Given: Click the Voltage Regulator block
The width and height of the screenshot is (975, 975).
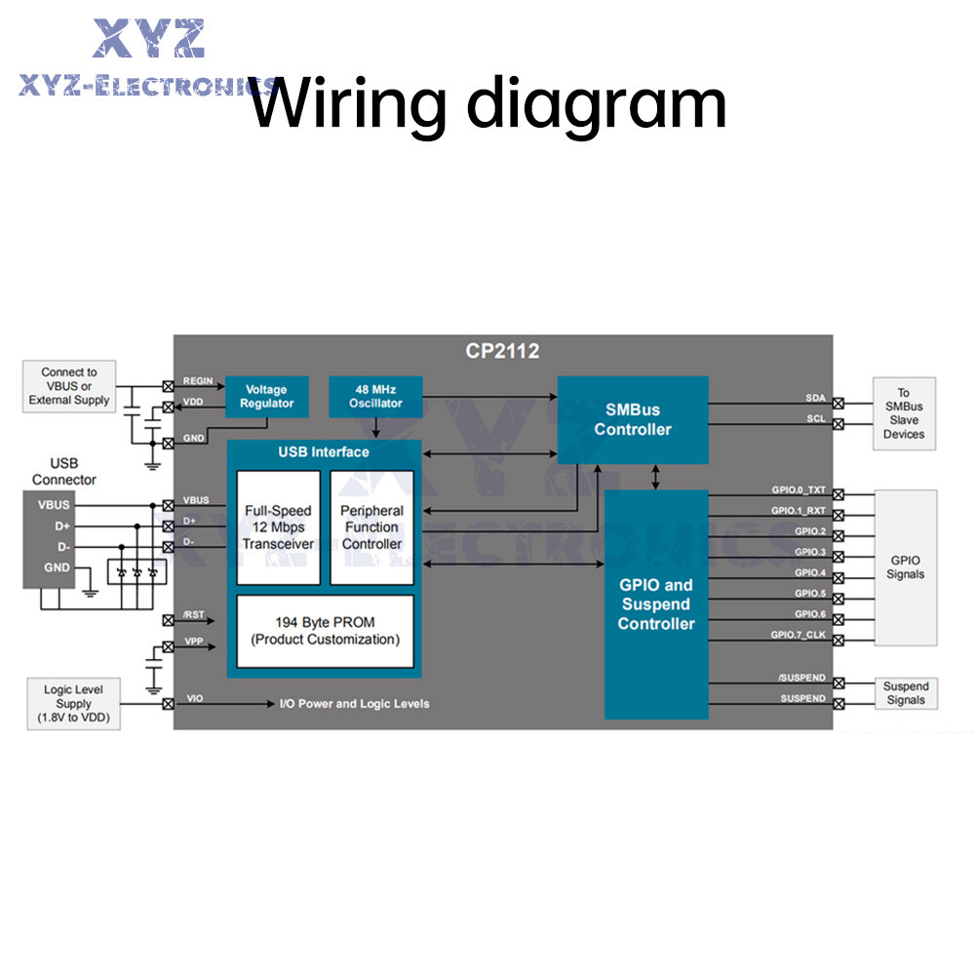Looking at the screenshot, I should [266, 396].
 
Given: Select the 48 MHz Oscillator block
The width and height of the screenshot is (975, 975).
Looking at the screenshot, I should [375, 396].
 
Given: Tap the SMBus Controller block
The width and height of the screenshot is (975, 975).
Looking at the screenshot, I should [633, 419].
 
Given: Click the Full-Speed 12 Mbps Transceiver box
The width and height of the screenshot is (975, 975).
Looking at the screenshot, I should [278, 526].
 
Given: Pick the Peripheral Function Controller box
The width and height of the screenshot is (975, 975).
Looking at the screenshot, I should [371, 526].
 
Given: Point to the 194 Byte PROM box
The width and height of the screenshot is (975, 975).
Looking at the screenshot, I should [325, 631].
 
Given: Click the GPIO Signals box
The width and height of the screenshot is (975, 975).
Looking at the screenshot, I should [906, 566].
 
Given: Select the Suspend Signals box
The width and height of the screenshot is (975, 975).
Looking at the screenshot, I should [906, 693].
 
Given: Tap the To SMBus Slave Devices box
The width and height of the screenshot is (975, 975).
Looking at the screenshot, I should [904, 413].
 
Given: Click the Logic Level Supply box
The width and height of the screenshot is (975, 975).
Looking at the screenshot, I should [73, 704].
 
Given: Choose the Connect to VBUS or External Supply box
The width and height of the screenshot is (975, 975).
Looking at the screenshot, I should [69, 386].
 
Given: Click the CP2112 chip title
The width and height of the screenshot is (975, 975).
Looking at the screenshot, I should [503, 351].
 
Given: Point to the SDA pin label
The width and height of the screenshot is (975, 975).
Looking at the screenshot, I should [815, 398].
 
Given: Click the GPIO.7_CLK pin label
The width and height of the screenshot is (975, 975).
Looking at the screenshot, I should [798, 635].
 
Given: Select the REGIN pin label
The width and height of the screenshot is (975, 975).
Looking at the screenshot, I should [198, 381].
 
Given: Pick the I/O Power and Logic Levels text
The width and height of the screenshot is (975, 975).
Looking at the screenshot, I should [354, 704].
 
